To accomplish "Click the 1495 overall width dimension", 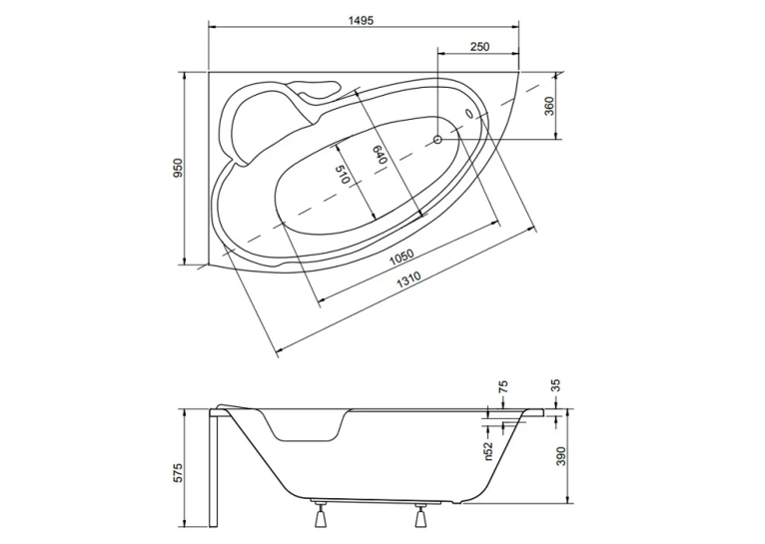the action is tap(362, 21).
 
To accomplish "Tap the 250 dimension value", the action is tap(479, 47).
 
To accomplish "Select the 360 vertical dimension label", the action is tap(549, 106).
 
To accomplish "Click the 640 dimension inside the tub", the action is tap(381, 155).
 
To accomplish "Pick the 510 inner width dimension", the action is tap(343, 175).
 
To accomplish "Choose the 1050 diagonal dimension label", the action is tap(401, 258).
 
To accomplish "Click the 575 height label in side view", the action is tap(178, 473).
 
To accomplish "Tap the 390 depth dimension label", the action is tap(561, 456).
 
